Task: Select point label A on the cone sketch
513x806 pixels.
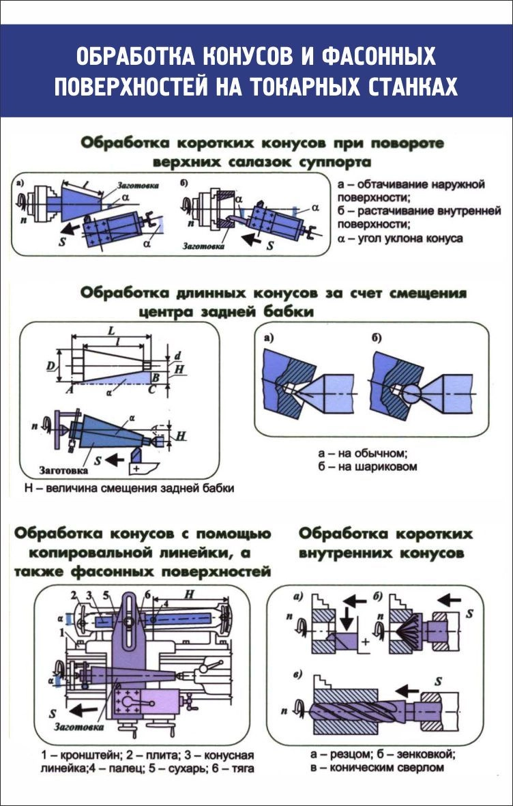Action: (x=68, y=390)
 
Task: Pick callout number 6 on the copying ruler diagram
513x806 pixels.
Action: (x=147, y=594)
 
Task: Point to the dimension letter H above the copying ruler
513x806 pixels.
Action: (x=188, y=594)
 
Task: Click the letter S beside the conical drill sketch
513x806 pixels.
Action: (x=438, y=682)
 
